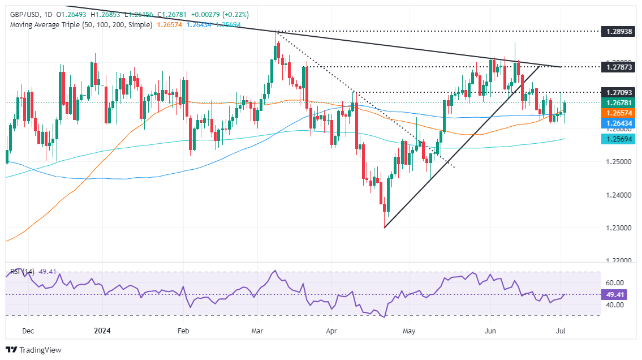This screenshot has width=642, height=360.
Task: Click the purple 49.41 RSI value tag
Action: tap(617, 294)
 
